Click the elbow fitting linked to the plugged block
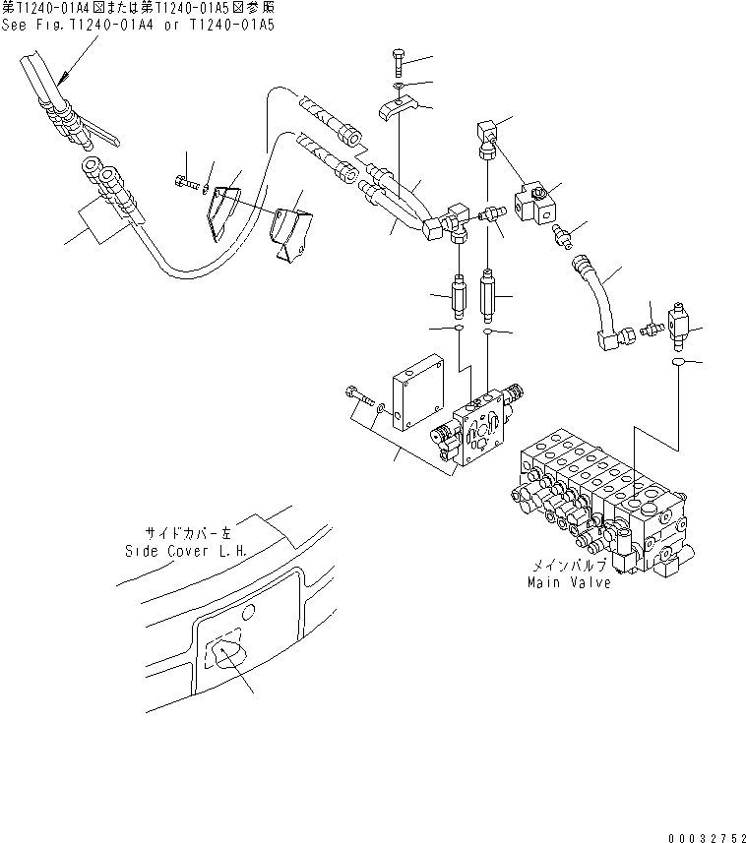pyautogui.click(x=487, y=135)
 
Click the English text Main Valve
pyautogui.click(x=568, y=582)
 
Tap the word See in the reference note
pyautogui.click(x=14, y=26)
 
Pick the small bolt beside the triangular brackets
pyautogui.click(x=188, y=183)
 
